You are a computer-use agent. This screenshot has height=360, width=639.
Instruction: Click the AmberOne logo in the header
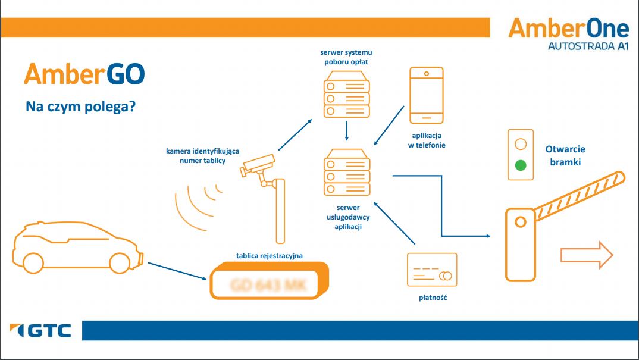click(568, 34)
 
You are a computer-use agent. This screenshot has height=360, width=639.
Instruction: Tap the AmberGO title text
click(84, 74)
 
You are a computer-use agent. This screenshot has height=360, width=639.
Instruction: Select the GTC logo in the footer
click(41, 330)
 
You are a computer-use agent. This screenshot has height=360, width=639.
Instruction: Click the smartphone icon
click(426, 93)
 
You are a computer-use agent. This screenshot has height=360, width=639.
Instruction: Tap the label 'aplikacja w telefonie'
click(427, 140)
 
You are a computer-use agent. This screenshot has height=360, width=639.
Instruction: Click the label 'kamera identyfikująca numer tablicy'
click(202, 156)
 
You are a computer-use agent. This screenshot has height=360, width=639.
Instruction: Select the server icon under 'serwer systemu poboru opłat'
click(346, 94)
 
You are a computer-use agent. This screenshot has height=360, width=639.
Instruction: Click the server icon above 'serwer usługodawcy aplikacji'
click(346, 173)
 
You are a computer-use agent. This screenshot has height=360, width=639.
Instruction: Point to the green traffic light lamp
click(521, 165)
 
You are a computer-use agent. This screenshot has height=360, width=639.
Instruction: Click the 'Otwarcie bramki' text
click(565, 156)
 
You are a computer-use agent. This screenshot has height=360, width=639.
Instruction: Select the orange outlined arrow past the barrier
click(586, 255)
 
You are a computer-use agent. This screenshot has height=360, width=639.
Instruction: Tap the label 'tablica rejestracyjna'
click(270, 256)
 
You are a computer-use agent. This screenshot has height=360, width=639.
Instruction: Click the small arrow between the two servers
click(346, 131)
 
